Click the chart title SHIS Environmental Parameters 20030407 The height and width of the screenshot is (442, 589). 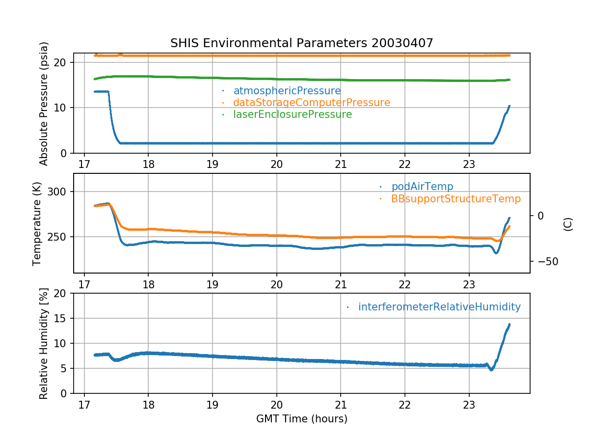point(301,43)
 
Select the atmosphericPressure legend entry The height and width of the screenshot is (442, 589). point(287,91)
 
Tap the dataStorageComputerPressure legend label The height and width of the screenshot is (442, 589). point(311,103)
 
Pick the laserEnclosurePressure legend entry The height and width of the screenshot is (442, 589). point(293,114)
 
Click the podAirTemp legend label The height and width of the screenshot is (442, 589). point(422,187)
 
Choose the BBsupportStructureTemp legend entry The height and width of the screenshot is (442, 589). point(455,199)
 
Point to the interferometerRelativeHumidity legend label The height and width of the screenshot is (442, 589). point(439,307)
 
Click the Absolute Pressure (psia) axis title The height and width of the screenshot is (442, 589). point(44,103)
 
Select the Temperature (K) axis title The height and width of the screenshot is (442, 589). point(37,223)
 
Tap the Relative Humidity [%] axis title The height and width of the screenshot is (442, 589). point(44,343)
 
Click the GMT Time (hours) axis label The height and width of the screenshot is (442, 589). point(301,419)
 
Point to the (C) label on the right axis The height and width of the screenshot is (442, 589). point(568,224)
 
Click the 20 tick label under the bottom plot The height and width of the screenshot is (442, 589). point(276,404)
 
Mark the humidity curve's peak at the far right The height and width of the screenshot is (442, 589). point(509,324)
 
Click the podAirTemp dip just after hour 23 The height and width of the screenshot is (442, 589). point(496,253)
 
